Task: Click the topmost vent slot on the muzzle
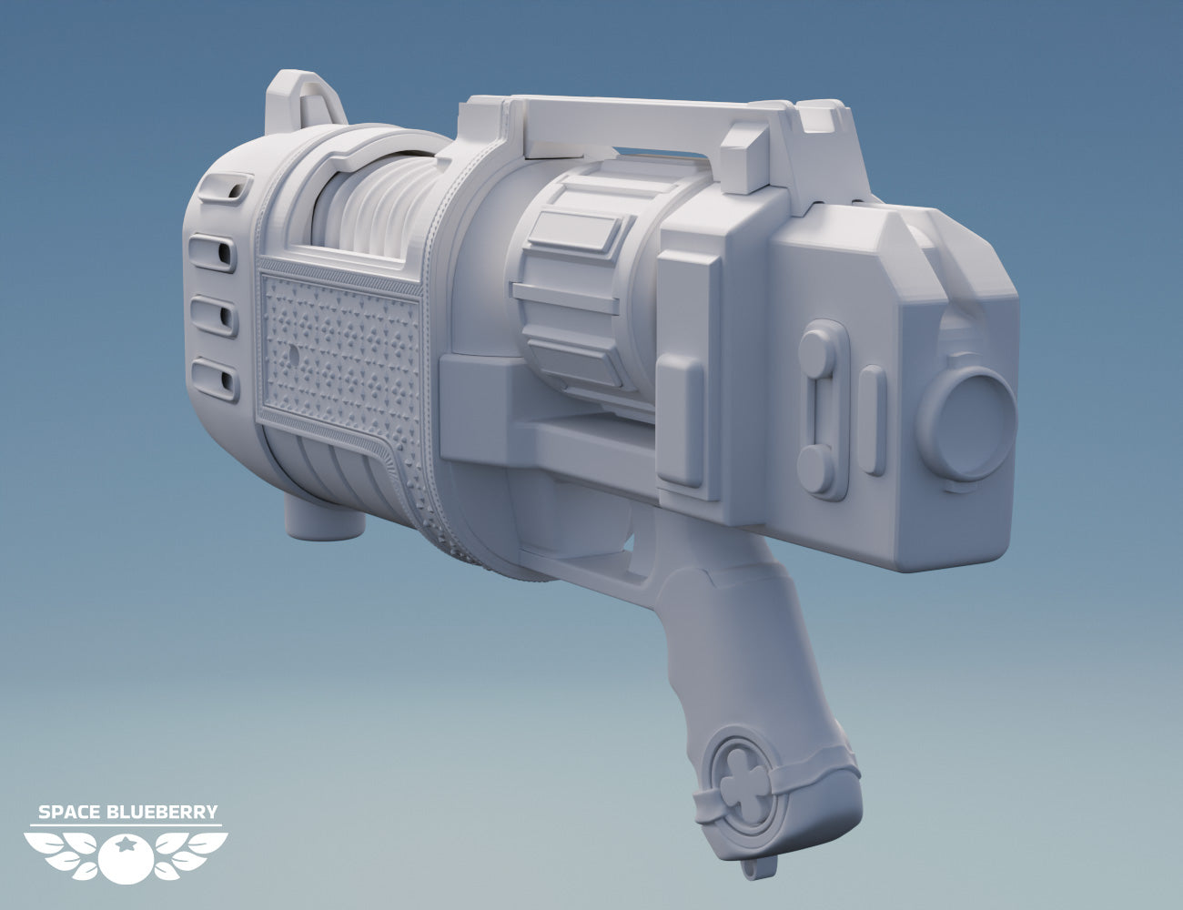pyautogui.click(x=226, y=188)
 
